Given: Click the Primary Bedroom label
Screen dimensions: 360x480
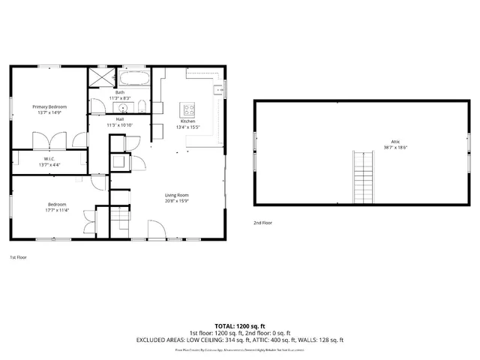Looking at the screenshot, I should tap(49, 107).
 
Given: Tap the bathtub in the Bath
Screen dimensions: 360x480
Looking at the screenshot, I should tap(134, 77).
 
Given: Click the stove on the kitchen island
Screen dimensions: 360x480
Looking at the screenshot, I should tap(187, 109).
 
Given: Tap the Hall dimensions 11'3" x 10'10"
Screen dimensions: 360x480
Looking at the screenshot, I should tap(120, 125).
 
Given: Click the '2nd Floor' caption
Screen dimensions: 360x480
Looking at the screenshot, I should tap(262, 223).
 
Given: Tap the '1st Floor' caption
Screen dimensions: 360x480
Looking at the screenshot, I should tap(19, 257).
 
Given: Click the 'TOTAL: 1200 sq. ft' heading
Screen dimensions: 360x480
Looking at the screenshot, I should tap(240, 326).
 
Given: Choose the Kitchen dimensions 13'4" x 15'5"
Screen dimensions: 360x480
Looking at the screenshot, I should tap(187, 127).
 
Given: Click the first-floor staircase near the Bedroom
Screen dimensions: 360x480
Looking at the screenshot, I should tap(120, 219).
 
